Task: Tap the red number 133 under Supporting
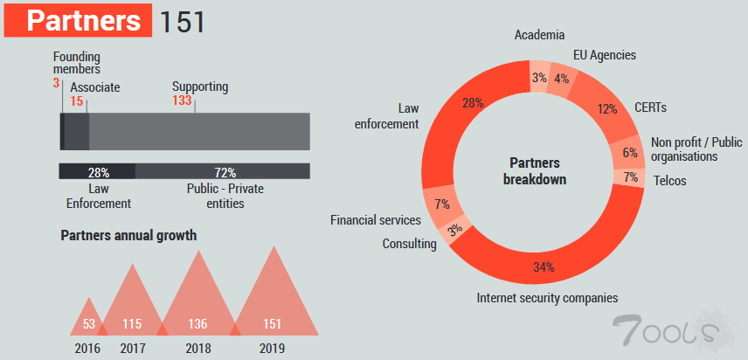point(182,101)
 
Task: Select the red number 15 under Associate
point(77,101)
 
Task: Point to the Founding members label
point(77,63)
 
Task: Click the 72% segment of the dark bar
point(224,171)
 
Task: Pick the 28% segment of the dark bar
point(98,171)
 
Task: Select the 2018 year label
point(197,348)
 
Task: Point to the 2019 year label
point(273,348)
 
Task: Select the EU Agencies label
point(604,55)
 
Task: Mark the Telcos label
point(670,181)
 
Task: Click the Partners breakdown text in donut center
point(535,171)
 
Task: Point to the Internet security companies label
point(547,298)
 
